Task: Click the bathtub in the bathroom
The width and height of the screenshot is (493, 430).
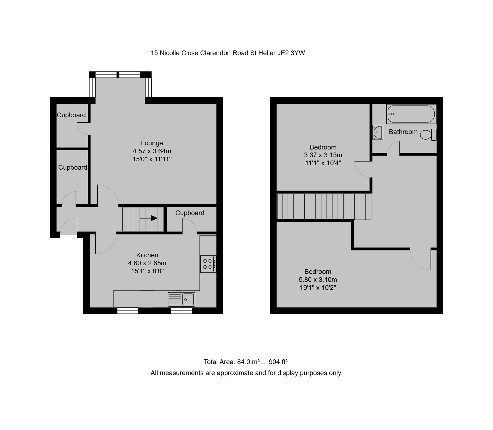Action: click(x=411, y=114)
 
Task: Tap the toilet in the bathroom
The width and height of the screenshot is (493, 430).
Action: click(x=428, y=135)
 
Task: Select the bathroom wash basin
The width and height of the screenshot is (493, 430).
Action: click(x=378, y=132)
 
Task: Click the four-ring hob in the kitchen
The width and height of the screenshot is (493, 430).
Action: click(x=208, y=264)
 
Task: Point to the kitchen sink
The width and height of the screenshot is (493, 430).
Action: click(x=181, y=299)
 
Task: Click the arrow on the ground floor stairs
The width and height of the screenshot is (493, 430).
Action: click(x=149, y=218)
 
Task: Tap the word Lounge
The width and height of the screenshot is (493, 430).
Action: click(x=152, y=143)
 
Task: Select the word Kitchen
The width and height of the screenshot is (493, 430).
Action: click(x=147, y=255)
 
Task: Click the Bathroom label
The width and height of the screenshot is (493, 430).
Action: click(x=403, y=132)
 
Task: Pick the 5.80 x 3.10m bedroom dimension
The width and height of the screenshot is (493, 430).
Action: click(x=318, y=280)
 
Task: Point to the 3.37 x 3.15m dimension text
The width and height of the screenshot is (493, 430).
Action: click(x=323, y=155)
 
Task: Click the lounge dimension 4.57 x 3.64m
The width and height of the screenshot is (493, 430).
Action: click(x=152, y=151)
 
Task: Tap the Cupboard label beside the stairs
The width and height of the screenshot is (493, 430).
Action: click(x=190, y=213)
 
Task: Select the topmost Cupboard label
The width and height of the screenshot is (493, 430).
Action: click(x=71, y=115)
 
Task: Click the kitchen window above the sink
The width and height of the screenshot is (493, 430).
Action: click(x=181, y=311)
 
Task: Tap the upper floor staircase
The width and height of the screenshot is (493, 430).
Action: click(x=324, y=207)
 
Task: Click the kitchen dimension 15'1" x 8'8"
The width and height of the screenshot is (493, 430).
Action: click(x=147, y=271)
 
